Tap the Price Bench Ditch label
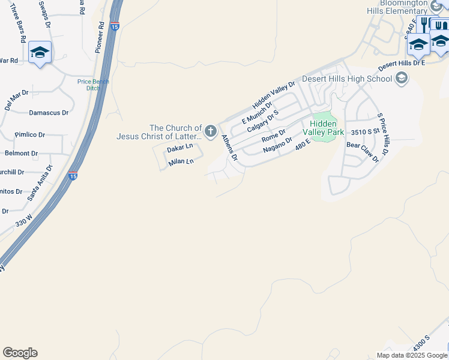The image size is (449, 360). click(92, 85)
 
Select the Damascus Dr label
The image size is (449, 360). click(49, 112)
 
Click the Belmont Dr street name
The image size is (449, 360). click(22, 153)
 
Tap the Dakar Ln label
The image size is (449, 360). click(180, 147)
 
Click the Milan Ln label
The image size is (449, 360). click(181, 162)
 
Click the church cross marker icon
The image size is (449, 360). click(211, 131)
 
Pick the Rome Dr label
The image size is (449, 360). click(273, 137)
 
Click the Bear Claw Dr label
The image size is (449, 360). click(363, 152)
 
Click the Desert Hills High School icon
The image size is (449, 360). click(402, 78)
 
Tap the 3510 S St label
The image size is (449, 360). click(366, 131)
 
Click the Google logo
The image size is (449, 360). click(20, 353)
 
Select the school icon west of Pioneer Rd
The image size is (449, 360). click(40, 53)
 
